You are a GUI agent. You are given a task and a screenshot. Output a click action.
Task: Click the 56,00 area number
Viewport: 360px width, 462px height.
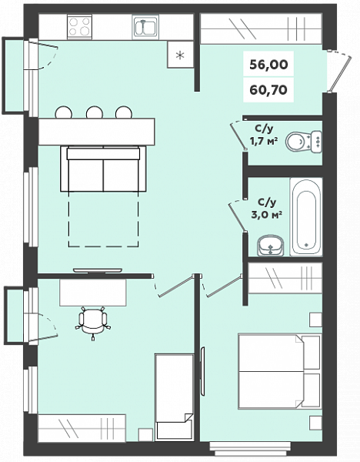click(268, 64)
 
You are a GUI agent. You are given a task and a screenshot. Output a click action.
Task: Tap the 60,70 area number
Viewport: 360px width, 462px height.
click(268, 89)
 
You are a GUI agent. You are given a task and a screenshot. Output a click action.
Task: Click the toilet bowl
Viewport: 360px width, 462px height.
click(303, 142)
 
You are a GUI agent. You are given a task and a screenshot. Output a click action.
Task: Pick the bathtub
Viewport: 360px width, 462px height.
click(306, 216)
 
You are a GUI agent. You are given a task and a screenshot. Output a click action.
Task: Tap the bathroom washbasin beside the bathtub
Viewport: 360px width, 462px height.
click(271, 246)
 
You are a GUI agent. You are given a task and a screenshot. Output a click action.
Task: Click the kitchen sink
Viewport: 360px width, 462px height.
click(145, 26)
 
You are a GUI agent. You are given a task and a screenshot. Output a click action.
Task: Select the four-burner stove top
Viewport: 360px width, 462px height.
click(79, 26)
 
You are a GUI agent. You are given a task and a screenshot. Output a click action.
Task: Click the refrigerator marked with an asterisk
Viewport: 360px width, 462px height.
click(180, 55)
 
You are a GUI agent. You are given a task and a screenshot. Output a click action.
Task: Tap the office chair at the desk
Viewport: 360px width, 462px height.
click(93, 322)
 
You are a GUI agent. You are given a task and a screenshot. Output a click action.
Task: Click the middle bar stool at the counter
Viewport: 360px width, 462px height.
click(94, 112)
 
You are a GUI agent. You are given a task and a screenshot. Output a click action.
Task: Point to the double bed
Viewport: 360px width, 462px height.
click(279, 371)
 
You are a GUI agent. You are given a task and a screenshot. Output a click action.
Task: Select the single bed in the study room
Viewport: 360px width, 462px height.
click(175, 397)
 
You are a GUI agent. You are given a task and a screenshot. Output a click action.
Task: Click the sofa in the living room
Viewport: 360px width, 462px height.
click(103, 169)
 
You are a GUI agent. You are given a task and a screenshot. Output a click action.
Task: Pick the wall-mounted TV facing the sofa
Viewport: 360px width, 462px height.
click(98, 270)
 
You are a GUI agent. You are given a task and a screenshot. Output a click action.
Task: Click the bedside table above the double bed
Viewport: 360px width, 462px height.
click(315, 320)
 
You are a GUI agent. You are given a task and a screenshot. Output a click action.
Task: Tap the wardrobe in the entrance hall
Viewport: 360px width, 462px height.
click(261, 29)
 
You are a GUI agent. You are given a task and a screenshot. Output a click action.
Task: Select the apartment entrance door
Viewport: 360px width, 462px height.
click(339, 72)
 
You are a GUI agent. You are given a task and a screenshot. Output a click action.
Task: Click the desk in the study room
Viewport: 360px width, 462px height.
click(93, 293)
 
